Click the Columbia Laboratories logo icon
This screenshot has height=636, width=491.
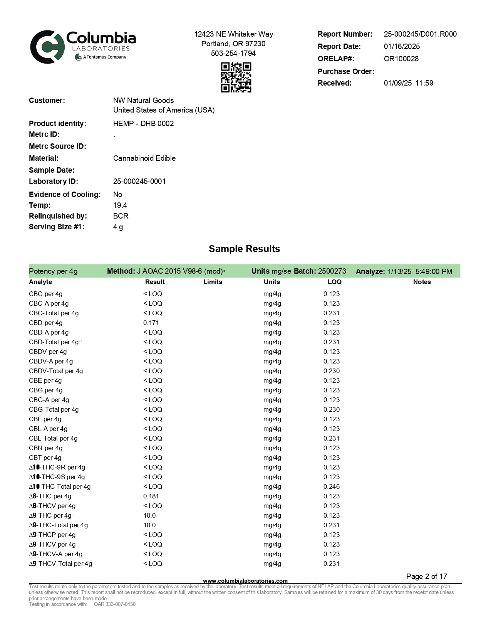47,47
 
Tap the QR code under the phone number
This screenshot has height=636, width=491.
236,77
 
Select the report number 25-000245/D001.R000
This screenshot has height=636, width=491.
420,34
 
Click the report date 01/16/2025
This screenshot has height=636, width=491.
402,47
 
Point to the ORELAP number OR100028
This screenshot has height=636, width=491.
401,59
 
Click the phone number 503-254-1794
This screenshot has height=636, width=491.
233,54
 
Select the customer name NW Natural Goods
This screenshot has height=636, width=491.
143,101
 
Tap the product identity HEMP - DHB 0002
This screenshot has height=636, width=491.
143,124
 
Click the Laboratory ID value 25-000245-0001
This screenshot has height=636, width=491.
139,182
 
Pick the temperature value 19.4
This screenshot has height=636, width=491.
120,205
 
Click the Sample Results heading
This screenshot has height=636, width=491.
244,249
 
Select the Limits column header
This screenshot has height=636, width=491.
213,282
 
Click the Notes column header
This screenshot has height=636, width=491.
422,282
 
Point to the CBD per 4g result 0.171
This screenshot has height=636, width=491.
151,323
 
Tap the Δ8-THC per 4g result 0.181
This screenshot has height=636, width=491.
151,496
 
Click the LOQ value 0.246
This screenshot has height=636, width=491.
332,487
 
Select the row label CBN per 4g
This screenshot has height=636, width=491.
45,448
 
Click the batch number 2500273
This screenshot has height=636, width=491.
332,271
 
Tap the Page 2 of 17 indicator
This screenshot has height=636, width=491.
426,577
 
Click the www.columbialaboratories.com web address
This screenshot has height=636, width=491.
245,581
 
